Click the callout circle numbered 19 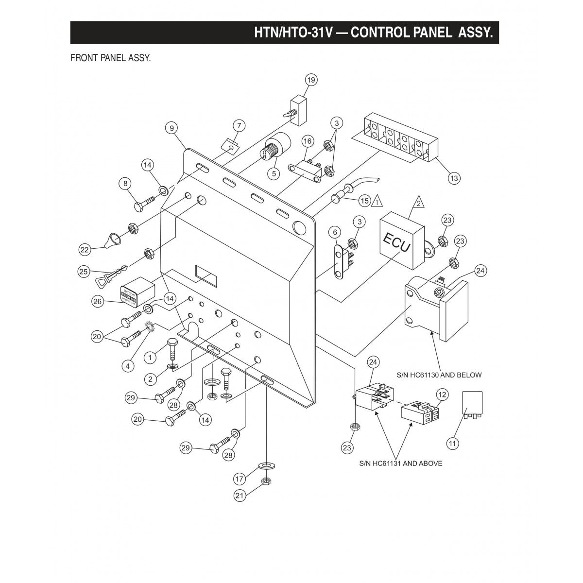coord(310,80)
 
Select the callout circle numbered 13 coord(453,178)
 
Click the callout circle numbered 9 coord(171,128)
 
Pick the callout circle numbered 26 coord(98,302)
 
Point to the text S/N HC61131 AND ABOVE coord(401,463)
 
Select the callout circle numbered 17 coord(239,479)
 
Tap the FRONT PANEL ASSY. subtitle coord(111,58)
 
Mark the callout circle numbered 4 coord(128,366)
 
